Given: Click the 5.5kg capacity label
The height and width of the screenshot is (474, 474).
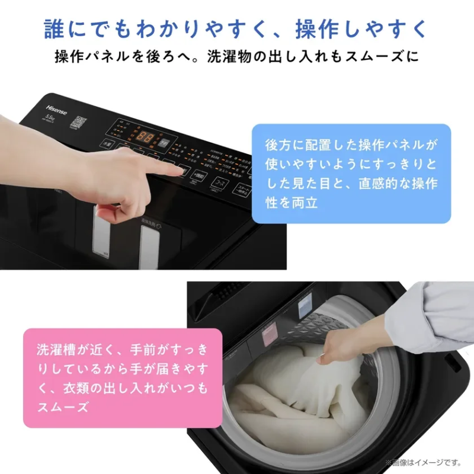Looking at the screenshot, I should click(49, 118).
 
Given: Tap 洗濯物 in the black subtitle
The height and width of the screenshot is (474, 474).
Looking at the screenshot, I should click(241, 57).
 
